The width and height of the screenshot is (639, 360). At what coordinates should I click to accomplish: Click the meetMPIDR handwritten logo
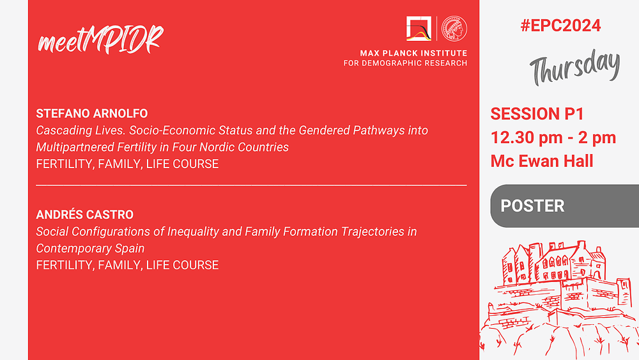tap(100, 40)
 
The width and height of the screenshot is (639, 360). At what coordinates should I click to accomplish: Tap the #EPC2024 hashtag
tap(560, 26)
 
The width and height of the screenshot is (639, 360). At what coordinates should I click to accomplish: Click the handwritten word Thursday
tap(574, 67)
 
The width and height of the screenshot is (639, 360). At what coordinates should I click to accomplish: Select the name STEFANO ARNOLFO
tap(91, 113)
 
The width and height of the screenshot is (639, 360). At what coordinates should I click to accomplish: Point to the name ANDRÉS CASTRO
tap(85, 214)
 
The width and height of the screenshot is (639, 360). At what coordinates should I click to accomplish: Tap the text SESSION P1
tap(537, 114)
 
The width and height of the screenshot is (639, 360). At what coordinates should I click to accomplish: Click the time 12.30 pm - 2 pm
tap(553, 137)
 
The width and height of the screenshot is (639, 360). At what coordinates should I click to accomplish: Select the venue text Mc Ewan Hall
tap(542, 161)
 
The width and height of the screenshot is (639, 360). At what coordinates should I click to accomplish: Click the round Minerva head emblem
tap(454, 29)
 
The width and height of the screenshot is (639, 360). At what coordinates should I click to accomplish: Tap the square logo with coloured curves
tap(419, 29)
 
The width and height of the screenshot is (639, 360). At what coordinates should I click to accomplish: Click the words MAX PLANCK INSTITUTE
tap(413, 53)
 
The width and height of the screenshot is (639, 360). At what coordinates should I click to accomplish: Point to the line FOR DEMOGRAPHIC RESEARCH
tap(405, 63)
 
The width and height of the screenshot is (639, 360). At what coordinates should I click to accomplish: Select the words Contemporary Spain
tap(90, 248)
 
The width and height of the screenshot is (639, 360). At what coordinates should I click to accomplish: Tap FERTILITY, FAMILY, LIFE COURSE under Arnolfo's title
tap(127, 164)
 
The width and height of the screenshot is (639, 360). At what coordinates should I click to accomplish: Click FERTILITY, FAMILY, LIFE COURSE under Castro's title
tap(127, 265)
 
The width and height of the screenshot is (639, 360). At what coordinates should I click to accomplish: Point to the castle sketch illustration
tap(558, 300)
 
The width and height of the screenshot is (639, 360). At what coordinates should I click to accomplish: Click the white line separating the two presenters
tap(251, 185)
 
